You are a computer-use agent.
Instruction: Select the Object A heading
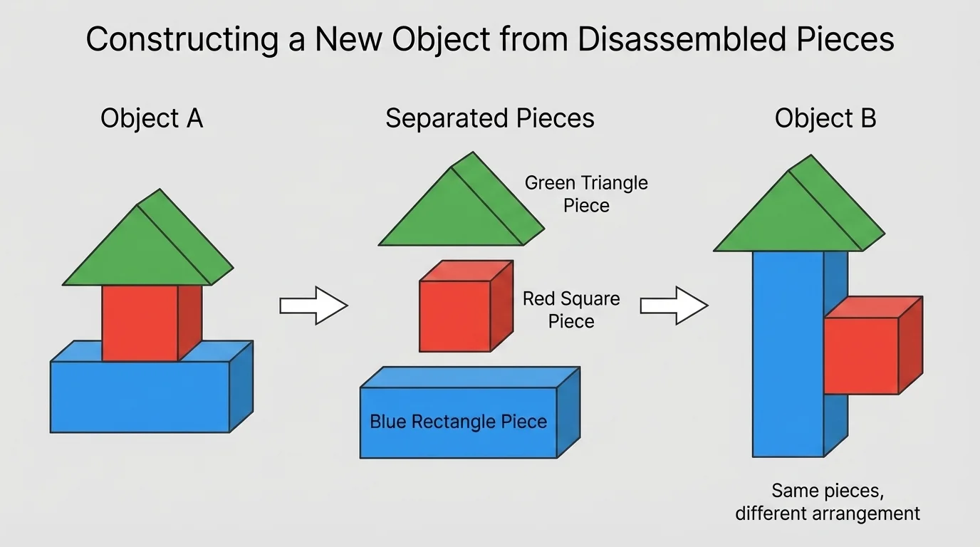[152, 118]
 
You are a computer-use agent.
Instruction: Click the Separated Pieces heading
[489, 118]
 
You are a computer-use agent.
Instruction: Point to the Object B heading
[825, 118]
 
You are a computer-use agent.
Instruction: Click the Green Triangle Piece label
[586, 194]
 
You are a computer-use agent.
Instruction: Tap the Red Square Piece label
[571, 309]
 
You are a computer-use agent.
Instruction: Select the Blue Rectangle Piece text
[458, 422]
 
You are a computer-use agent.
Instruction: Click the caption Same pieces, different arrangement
[827, 501]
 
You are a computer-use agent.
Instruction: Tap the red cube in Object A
[140, 322]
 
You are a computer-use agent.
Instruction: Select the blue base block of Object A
[140, 396]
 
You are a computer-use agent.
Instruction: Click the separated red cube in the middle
[456, 316]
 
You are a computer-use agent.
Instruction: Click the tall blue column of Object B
[788, 356]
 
